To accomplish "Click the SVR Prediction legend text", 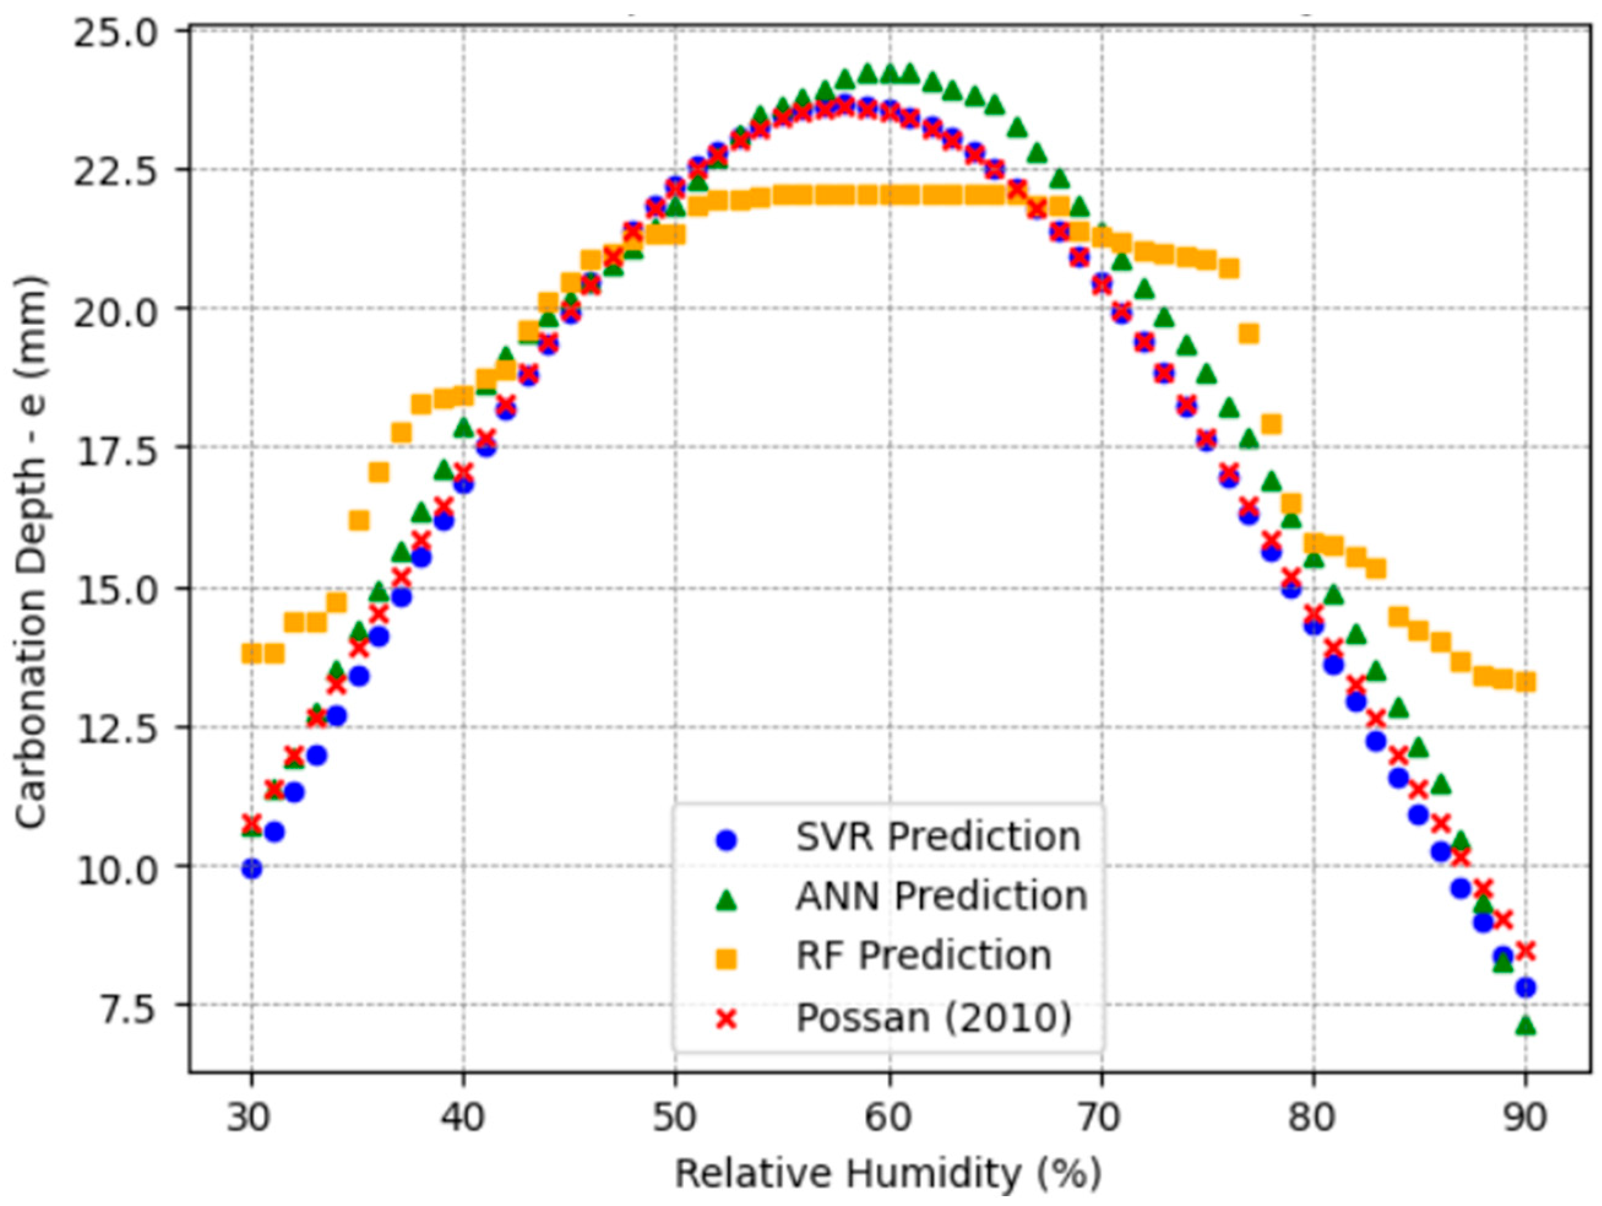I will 938,837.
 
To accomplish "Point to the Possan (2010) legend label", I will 934,1018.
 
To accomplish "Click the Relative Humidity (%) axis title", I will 888,1174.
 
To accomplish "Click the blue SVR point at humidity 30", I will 251,868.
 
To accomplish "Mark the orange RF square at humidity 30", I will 251,654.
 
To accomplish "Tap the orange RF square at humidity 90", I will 1526,681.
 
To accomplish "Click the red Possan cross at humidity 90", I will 1525,950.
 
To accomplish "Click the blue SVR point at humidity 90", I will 1525,987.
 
